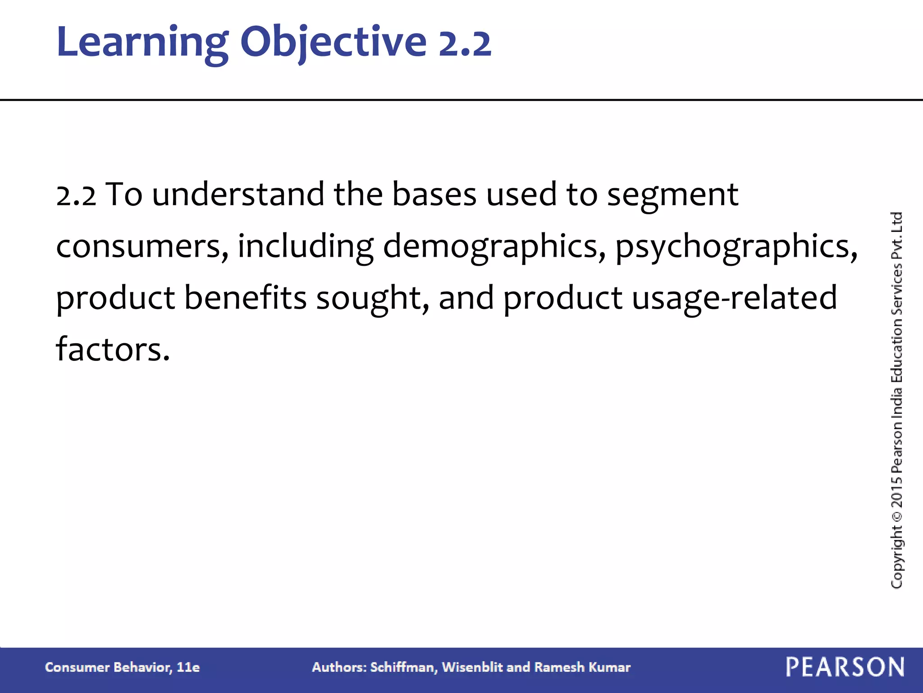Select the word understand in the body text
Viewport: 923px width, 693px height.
[238, 194]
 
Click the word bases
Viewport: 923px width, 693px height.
[434, 194]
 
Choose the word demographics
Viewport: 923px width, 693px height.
[494, 247]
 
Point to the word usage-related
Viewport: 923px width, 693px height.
[734, 299]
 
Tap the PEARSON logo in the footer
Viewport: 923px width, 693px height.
[845, 667]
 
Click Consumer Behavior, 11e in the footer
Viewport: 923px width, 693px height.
[122, 667]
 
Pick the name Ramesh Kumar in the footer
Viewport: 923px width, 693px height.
[582, 667]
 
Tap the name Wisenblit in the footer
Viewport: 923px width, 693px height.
[472, 667]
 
